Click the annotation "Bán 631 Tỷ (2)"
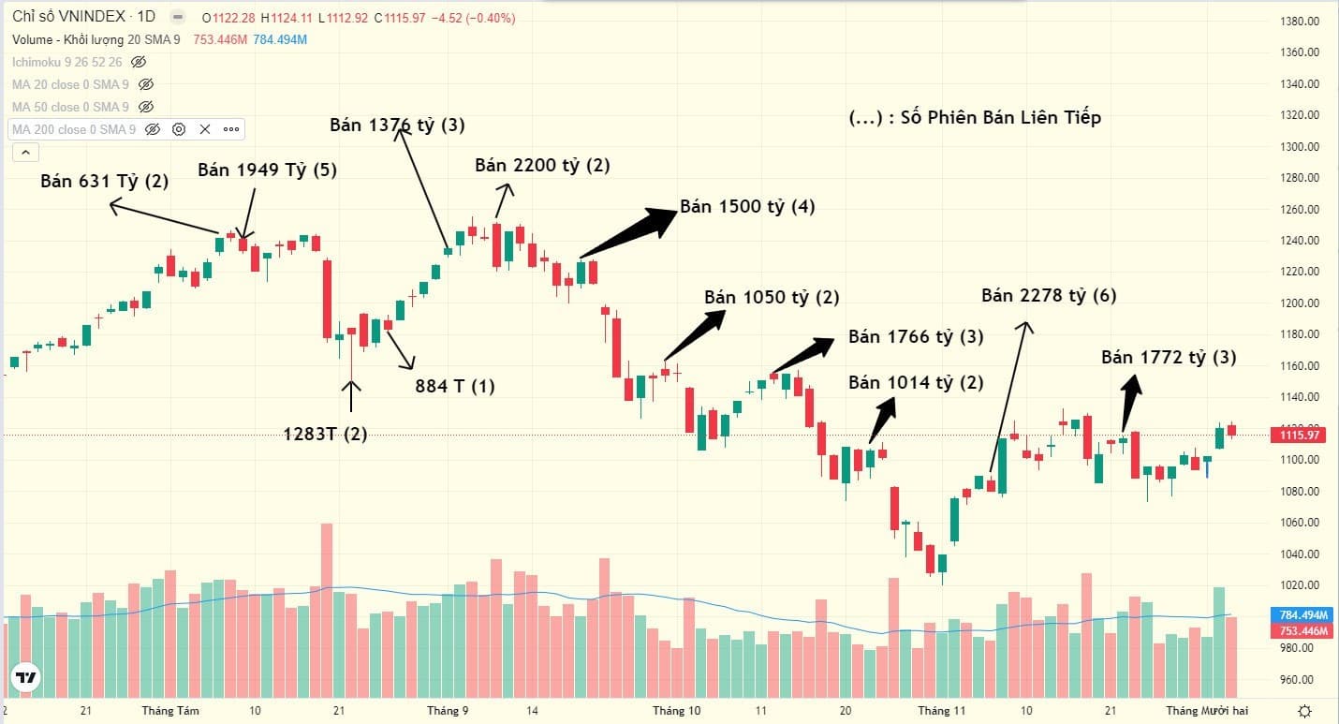(104, 181)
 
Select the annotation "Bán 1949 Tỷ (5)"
(267, 170)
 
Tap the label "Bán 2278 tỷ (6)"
(1049, 295)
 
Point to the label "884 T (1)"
(454, 385)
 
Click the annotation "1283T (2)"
(326, 433)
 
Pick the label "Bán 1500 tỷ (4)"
(747, 207)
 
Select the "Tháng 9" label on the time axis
(448, 710)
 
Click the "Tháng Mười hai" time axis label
(1207, 710)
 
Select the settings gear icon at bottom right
(1304, 710)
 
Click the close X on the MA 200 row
(205, 129)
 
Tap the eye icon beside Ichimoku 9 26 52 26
(139, 62)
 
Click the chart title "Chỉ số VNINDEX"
(69, 18)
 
